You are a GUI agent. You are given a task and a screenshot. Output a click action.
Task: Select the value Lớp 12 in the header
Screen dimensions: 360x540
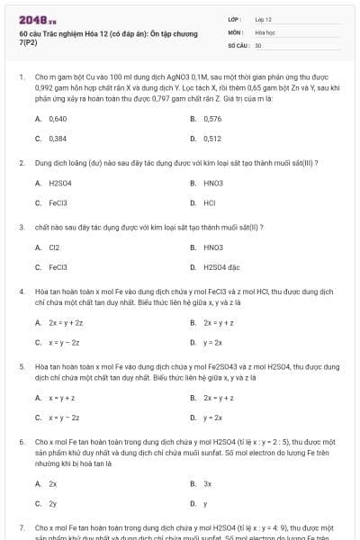point(263,19)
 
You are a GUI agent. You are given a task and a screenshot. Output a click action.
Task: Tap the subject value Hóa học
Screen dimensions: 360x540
point(265,31)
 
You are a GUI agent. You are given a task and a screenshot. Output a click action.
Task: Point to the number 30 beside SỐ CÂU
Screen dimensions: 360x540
point(258,44)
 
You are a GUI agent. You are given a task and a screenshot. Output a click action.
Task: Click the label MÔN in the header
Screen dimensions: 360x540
point(234,31)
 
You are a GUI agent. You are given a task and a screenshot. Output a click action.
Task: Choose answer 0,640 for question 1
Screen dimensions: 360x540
point(58,119)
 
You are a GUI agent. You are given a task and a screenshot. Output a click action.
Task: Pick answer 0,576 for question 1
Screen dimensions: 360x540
point(212,119)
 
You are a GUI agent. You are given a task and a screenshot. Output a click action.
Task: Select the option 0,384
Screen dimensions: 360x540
point(58,139)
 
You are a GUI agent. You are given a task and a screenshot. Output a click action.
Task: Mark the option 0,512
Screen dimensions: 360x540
point(212,139)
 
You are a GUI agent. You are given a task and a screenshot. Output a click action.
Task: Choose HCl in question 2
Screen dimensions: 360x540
point(209,202)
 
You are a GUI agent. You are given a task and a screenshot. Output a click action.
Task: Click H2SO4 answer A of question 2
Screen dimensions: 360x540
point(59,183)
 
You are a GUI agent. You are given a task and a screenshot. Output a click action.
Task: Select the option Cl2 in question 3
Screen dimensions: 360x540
point(54,247)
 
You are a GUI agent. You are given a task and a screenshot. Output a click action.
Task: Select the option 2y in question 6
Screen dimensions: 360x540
point(53,503)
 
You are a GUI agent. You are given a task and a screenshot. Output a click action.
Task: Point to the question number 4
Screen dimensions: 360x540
point(21,292)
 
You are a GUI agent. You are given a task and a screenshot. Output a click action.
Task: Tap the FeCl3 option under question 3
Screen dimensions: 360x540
point(58,266)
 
